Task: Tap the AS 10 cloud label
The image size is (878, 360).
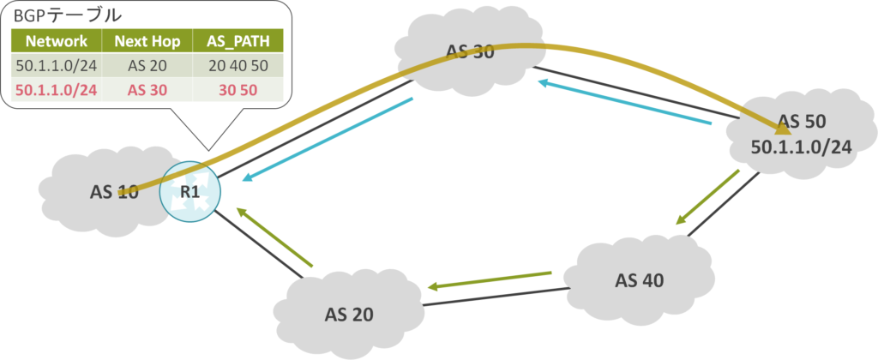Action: point(114,191)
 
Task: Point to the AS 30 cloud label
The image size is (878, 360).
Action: point(470,51)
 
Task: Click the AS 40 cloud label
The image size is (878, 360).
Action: point(640,279)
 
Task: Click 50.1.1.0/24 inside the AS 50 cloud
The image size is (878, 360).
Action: point(800,147)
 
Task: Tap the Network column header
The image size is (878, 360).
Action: point(56,41)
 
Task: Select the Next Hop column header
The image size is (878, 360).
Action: point(147,41)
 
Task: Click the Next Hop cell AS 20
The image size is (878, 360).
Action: point(147,65)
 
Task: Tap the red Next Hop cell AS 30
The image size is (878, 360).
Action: point(147,88)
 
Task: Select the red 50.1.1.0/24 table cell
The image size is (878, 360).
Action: point(56,88)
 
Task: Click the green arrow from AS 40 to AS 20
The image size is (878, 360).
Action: point(490,280)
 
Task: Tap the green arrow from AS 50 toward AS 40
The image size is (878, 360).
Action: point(707,197)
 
